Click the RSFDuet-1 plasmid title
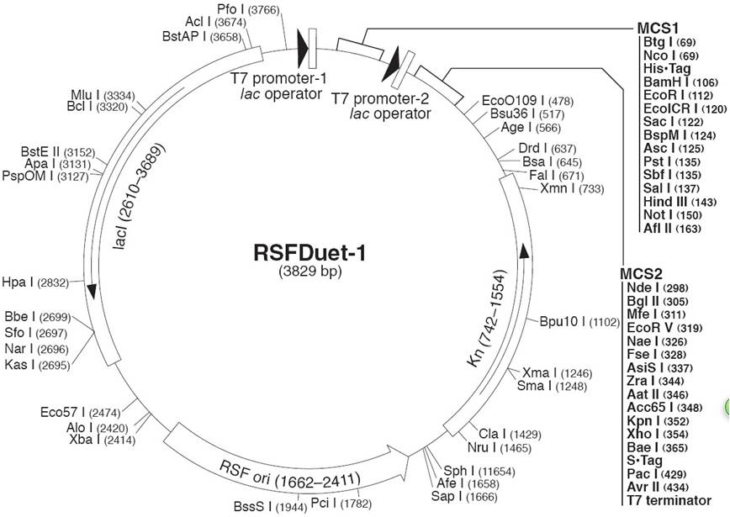click(309, 254)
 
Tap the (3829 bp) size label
click(310, 271)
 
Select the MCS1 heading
click(658, 28)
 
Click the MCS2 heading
click(641, 273)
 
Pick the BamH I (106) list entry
click(680, 82)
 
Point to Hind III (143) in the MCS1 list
click(680, 202)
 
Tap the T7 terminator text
click(669, 500)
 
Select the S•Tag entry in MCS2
click(644, 460)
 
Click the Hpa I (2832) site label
click(35, 282)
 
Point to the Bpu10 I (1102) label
click(579, 322)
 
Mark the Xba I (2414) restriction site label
click(102, 440)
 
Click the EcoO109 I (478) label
click(527, 101)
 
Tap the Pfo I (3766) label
click(248, 9)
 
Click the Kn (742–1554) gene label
click(486, 318)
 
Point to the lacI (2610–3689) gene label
click(139, 196)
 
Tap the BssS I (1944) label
click(271, 506)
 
